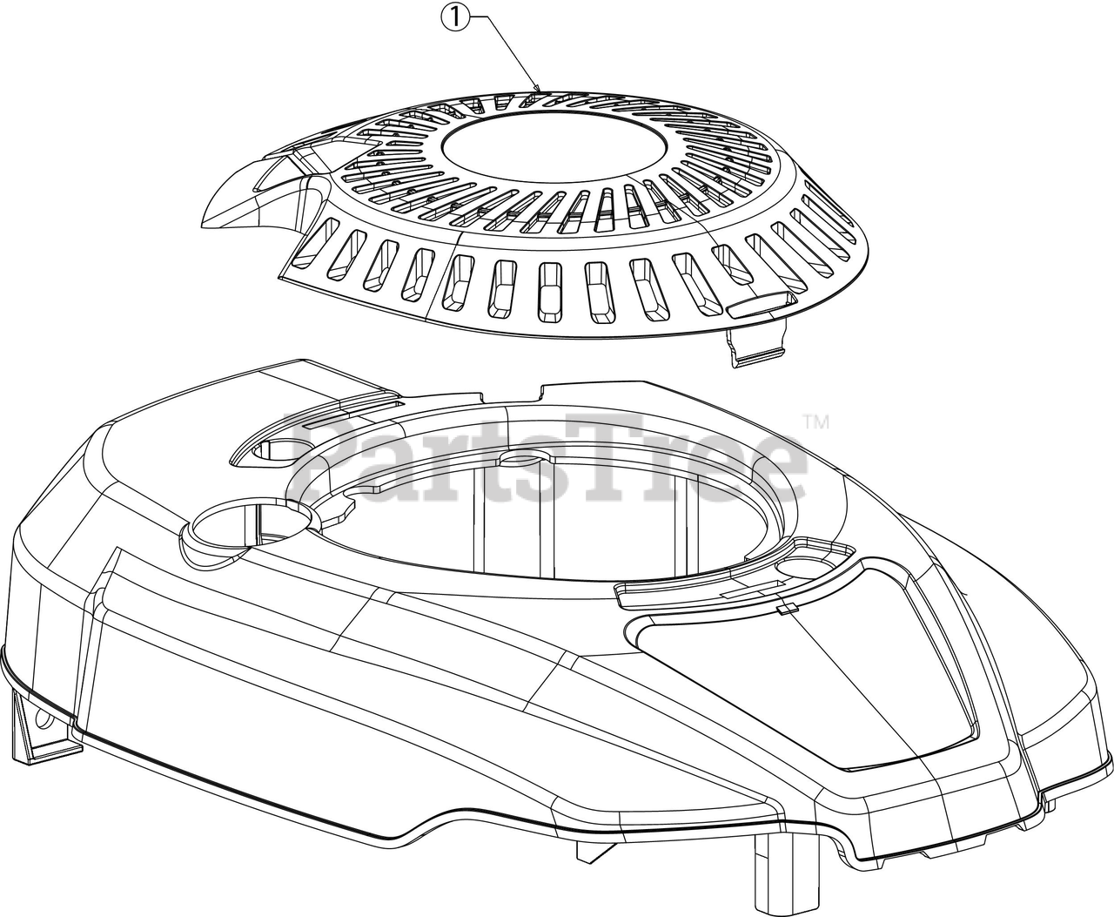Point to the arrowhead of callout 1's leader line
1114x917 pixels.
coord(539,88)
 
